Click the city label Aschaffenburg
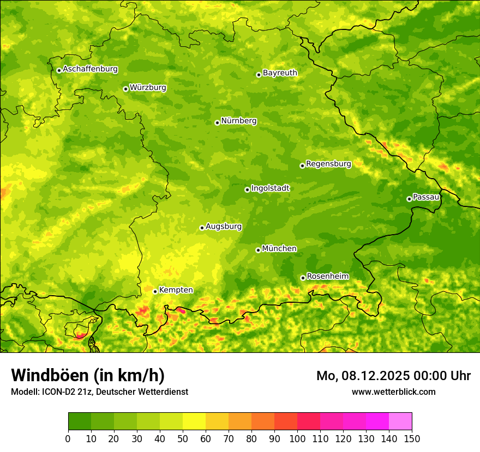90,69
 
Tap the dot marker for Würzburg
125,89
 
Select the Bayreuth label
280,72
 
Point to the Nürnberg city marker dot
217,123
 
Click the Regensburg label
328,163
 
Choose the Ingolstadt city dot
247,190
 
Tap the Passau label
426,197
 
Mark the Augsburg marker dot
202,228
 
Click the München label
279,248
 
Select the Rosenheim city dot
303,278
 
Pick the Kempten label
176,290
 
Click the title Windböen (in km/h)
88,375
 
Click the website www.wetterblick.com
393,392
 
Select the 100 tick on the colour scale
297,438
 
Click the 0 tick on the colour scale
68,438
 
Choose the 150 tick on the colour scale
412,438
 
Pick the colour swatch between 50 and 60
194,422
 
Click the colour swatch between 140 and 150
400,422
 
